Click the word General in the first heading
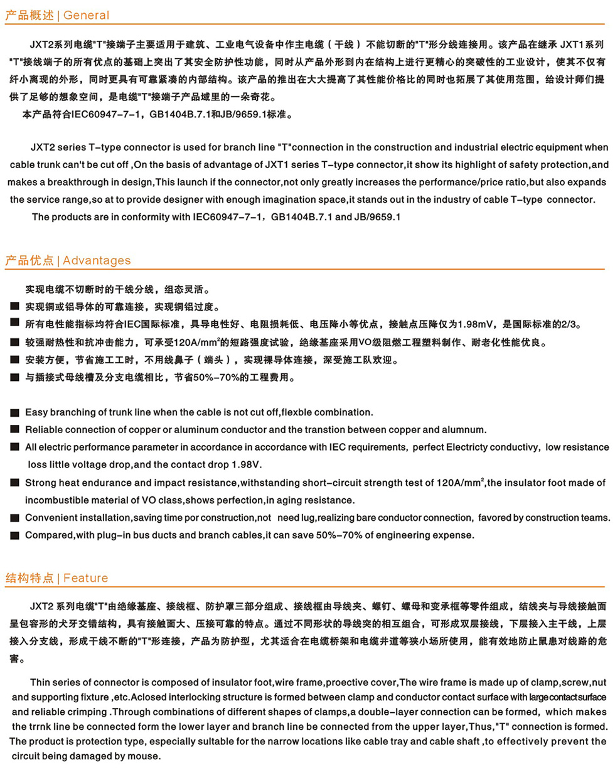click(x=86, y=15)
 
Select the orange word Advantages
click(x=97, y=260)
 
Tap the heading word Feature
click(x=85, y=578)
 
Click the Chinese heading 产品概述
click(x=29, y=15)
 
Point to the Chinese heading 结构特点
click(x=29, y=578)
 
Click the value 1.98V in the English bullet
click(x=246, y=465)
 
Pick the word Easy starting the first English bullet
click(x=36, y=412)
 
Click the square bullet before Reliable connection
click(x=14, y=430)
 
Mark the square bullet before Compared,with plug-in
click(x=14, y=535)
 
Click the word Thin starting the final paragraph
click(x=40, y=682)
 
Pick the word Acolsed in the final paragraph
click(x=151, y=697)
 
